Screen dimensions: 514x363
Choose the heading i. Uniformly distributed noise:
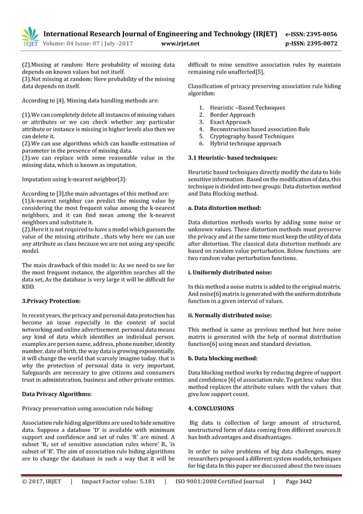point(230,272)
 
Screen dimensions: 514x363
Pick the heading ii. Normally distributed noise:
point(229,315)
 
